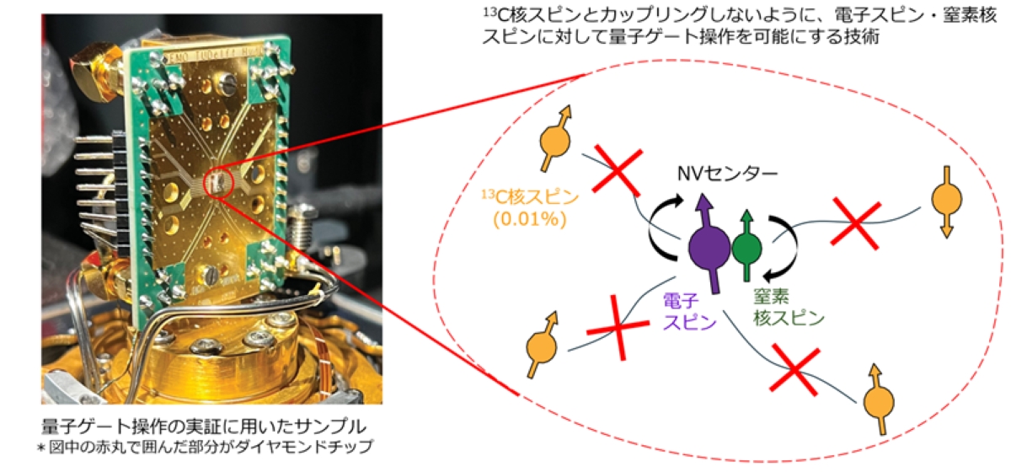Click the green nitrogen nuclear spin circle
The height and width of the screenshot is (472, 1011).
[746, 249]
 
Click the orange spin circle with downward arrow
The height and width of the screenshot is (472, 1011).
[946, 200]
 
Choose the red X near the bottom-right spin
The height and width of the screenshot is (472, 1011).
[795, 371]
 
